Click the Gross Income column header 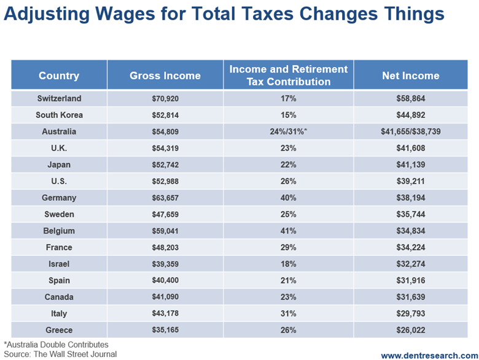coord(165,76)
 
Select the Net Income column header coord(410,76)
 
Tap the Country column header coord(59,76)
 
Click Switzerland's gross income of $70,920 coord(165,98)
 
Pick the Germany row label coord(59,198)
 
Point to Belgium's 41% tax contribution coord(288,231)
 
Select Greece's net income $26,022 coord(410,331)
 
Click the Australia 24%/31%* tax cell coord(288,131)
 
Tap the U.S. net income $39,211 coord(410,181)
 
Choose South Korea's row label coord(59,115)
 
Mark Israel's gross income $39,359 coord(165,264)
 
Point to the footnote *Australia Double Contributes coord(56,344)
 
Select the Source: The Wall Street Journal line coord(60,354)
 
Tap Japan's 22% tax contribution coord(288,165)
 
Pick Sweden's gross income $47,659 coord(165,214)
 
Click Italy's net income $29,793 coord(410,314)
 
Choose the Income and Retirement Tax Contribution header coord(288,76)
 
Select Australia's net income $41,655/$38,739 coord(410,131)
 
